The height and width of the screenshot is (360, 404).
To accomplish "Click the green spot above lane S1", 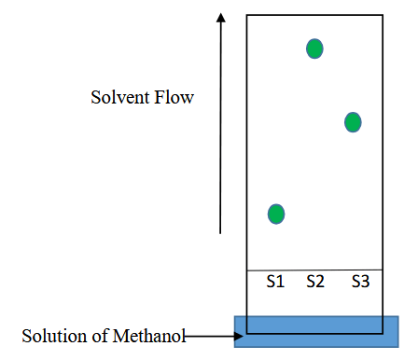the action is tap(276, 214).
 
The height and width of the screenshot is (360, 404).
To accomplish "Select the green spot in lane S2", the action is tap(314, 48).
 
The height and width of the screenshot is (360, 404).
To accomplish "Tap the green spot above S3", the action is tap(353, 122).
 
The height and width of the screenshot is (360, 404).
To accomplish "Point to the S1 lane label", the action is tap(275, 282).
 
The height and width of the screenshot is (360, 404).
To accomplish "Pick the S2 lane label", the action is tap(315, 282).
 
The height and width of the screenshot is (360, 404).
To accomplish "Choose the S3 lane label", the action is tap(361, 282).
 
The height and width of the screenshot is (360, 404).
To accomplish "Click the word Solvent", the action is tap(120, 97).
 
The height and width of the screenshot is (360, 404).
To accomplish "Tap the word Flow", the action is tap(174, 97).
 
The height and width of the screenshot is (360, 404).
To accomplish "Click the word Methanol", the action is tap(149, 336).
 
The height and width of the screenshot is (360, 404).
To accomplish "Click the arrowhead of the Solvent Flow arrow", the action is tap(221, 18).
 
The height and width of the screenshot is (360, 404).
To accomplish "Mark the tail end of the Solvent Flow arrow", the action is tap(220, 233).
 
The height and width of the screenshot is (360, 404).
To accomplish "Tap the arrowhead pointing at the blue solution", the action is tap(239, 336).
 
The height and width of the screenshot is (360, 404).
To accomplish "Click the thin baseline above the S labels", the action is tap(314, 270).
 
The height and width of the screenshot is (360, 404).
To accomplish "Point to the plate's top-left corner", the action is tap(247, 15).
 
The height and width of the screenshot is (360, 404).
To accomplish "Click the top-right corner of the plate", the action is tap(383, 15).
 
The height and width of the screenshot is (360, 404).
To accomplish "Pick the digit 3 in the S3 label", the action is tap(366, 282).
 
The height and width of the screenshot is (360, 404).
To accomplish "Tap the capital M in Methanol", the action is tap(120, 336).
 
